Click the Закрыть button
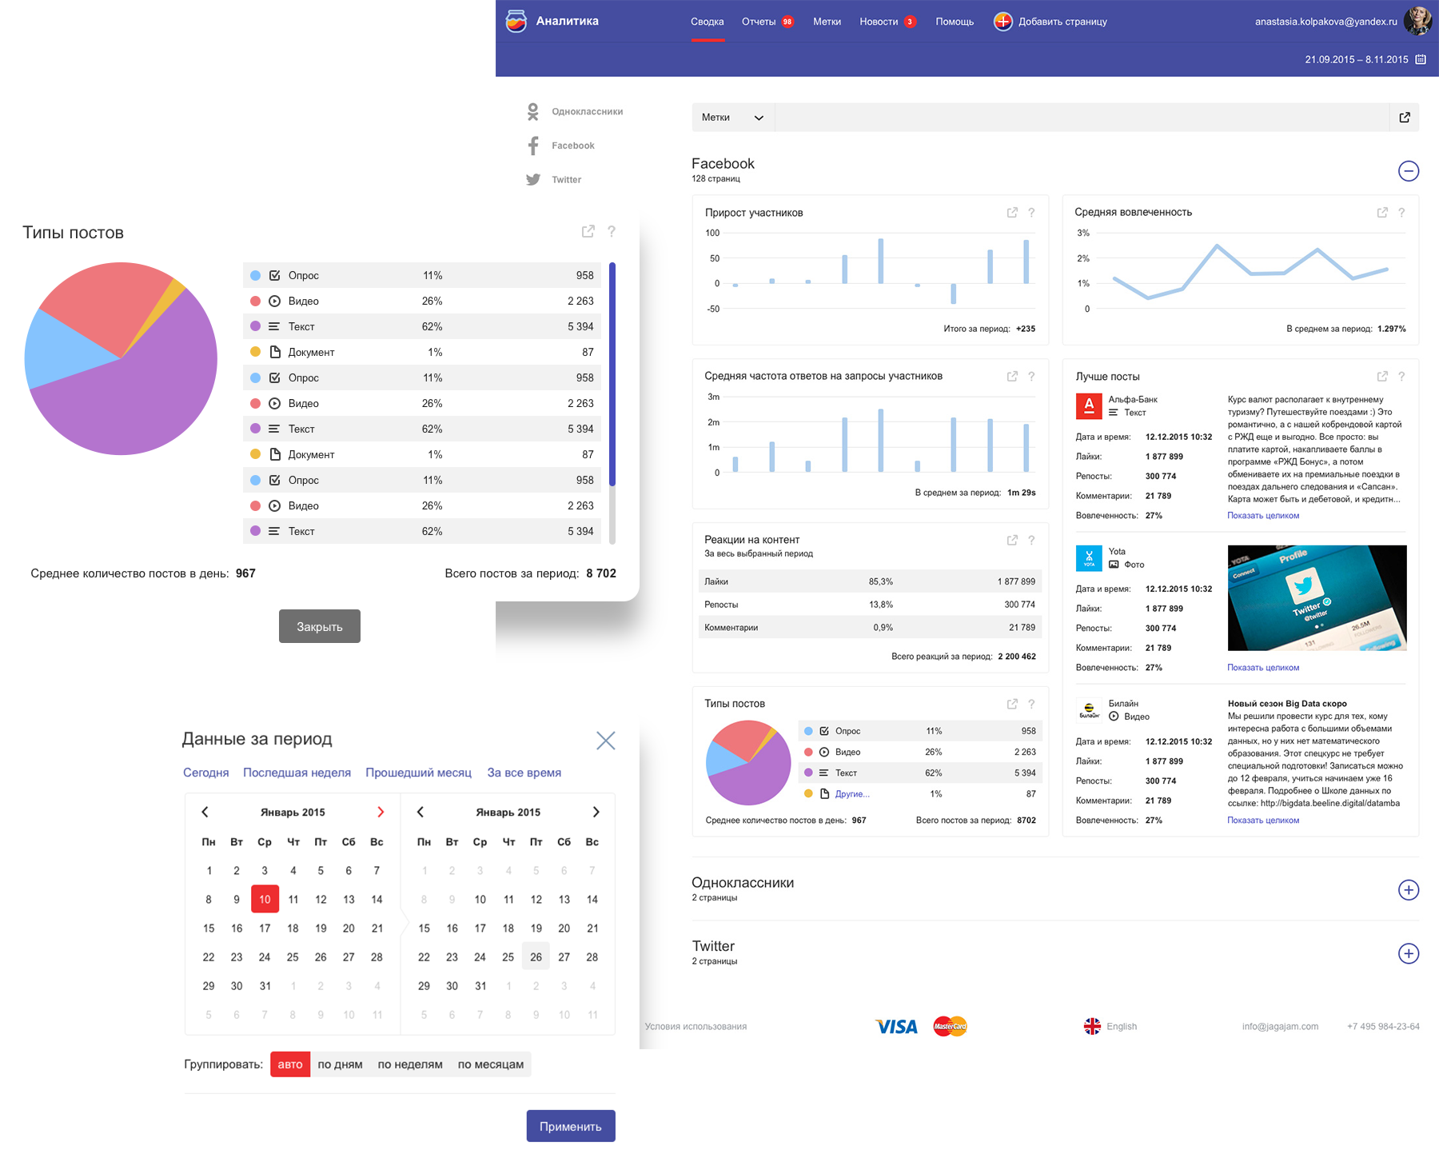[x=320, y=626]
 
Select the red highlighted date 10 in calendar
[x=265, y=899]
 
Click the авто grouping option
[x=290, y=1064]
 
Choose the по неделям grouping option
[x=410, y=1064]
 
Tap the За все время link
[x=524, y=773]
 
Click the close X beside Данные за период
[x=606, y=741]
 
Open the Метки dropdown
[x=733, y=118]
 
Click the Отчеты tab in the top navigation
[x=759, y=22]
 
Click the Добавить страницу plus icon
[x=1003, y=22]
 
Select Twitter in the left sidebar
[x=554, y=180]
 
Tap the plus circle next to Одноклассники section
[x=1409, y=890]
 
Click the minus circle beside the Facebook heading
[x=1409, y=171]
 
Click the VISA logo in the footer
[x=896, y=1027]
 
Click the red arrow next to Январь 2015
[x=381, y=812]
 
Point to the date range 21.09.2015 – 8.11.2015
[x=1357, y=59]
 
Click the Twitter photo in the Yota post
[x=1317, y=598]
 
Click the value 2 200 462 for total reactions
[x=1017, y=657]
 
